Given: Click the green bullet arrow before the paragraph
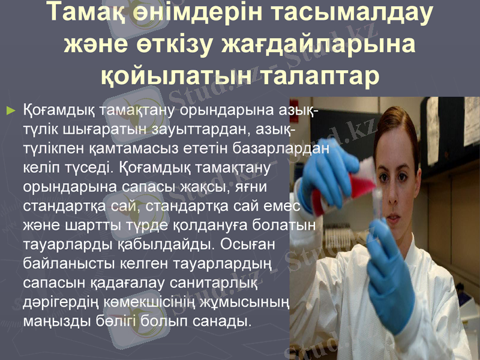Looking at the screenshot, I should coord(10,111).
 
